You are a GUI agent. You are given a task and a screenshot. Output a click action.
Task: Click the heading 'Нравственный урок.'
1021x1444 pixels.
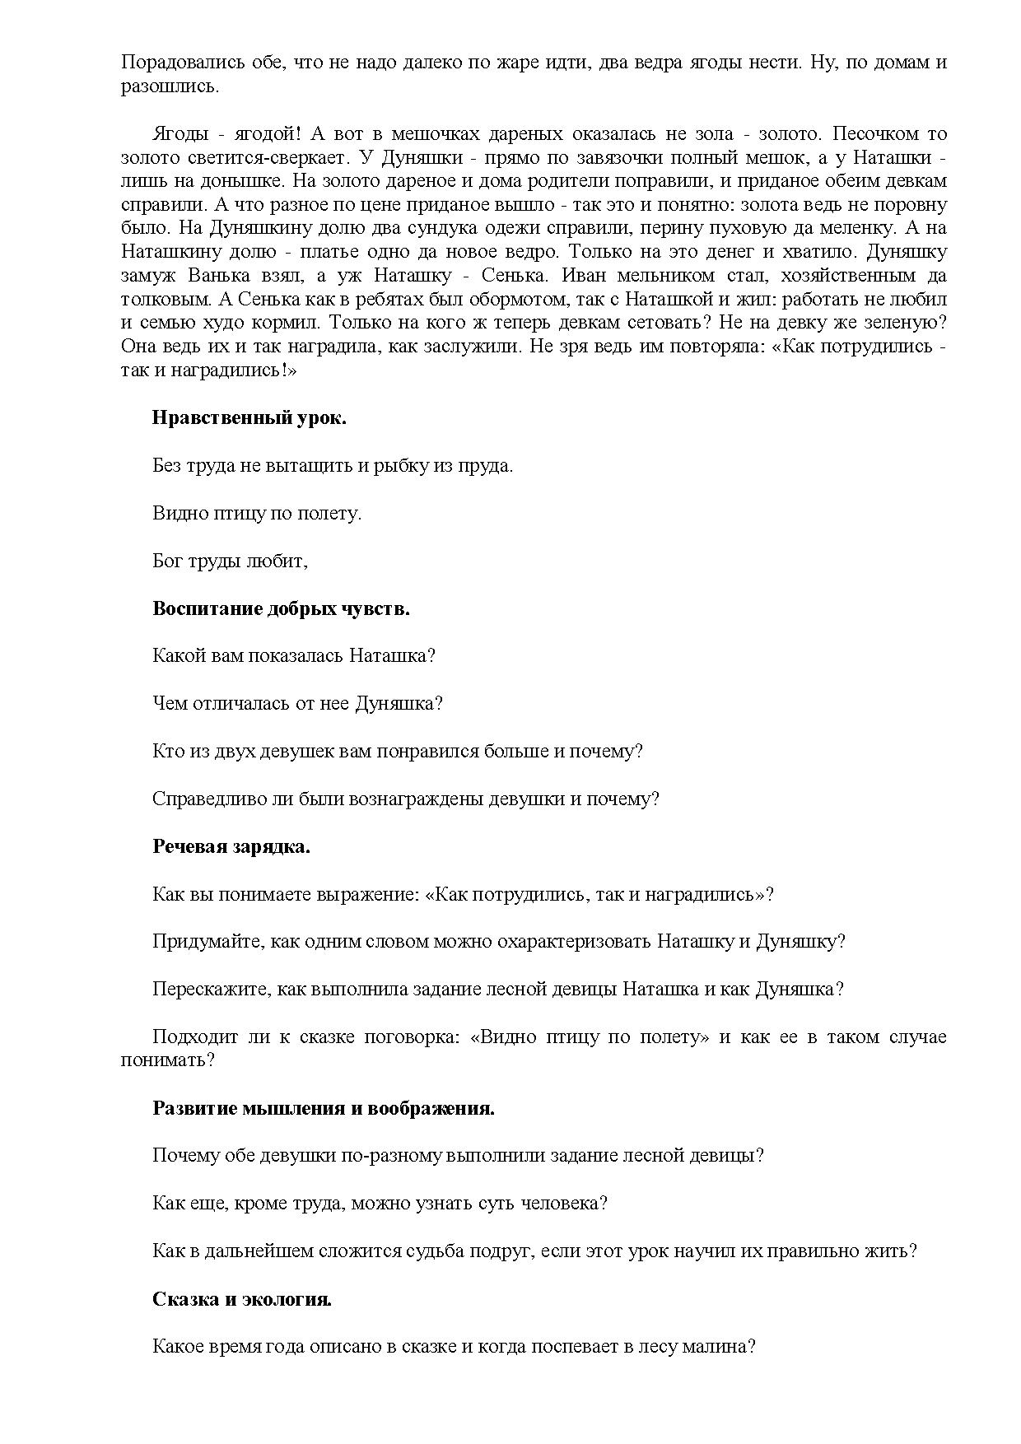point(249,417)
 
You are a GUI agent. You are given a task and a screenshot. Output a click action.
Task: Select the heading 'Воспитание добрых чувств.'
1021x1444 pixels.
point(281,608)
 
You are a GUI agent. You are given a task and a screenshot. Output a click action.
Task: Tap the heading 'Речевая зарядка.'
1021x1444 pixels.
point(231,846)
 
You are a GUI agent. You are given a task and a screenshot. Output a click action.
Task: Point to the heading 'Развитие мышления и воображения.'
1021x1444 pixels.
point(324,1107)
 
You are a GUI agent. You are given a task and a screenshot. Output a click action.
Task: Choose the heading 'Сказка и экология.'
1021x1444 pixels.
point(242,1299)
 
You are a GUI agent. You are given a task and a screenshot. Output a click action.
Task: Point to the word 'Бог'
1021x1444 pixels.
point(168,561)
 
